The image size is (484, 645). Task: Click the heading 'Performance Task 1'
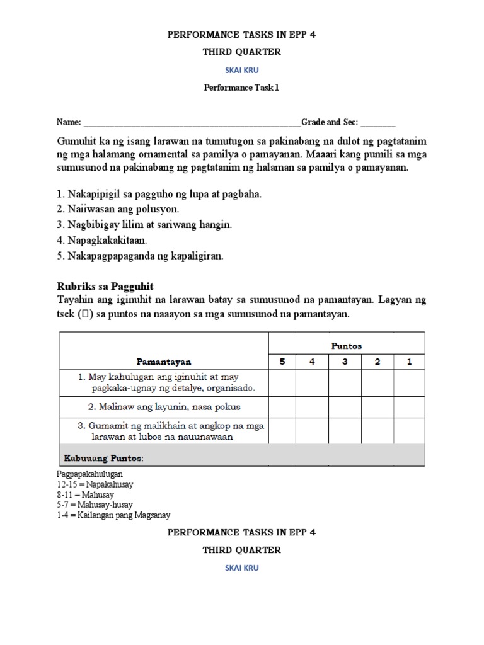241,88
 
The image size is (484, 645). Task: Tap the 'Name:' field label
69,122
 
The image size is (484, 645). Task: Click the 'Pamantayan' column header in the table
164,362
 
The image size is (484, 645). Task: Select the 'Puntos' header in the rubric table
347,346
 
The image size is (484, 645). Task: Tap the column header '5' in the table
283,362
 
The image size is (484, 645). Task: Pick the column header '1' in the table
409,362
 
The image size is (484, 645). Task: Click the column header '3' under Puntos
345,362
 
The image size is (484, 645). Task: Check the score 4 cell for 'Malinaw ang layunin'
313,407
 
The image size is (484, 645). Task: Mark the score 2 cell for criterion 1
377,382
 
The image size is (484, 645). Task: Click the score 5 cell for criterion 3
283,431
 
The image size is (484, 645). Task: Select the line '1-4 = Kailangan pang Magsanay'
113,515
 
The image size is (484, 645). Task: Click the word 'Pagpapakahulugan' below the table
89,474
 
